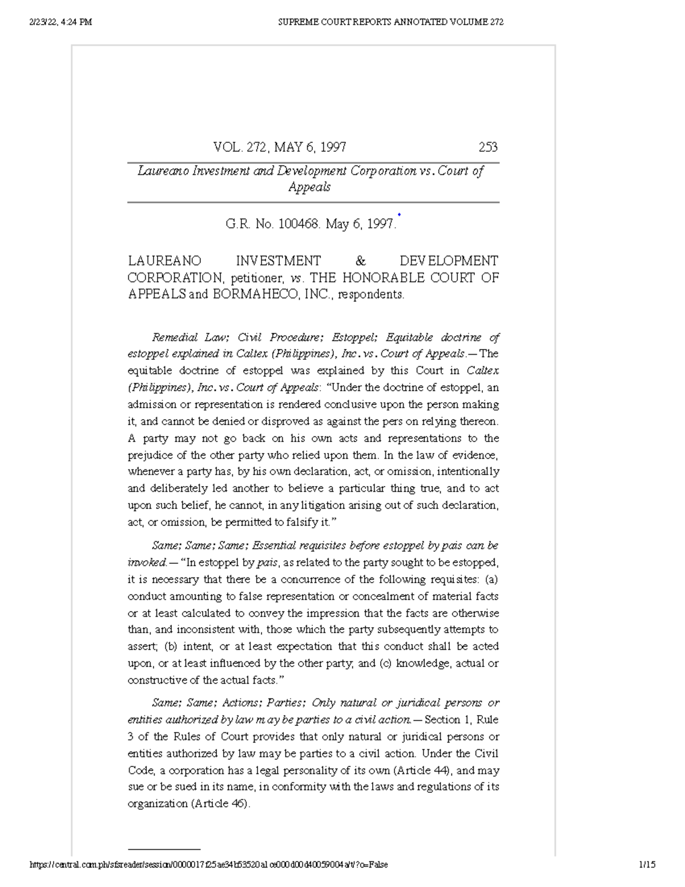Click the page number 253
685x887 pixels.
tap(487, 147)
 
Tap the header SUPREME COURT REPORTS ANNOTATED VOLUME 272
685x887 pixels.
tap(390, 22)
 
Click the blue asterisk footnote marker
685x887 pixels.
tap(399, 215)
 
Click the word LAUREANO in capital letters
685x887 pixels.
tap(164, 261)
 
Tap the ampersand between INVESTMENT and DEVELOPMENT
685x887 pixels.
tap(360, 261)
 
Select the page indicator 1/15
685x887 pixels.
tap(647, 865)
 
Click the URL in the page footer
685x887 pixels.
tap(208, 865)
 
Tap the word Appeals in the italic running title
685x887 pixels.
tap(309, 187)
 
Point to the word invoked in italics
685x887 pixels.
tap(147, 563)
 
